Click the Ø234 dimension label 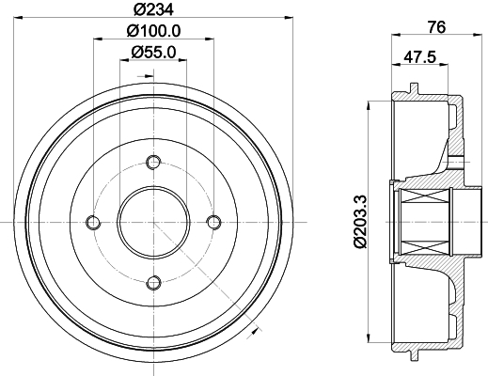[153, 9]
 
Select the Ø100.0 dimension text [153, 31]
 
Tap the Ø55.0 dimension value [153, 52]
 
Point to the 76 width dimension [437, 27]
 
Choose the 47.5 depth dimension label [420, 57]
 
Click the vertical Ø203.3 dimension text [360, 221]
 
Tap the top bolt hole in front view [153, 163]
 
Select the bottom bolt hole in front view [153, 283]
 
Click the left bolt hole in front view [93, 223]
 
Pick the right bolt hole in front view [213, 223]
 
